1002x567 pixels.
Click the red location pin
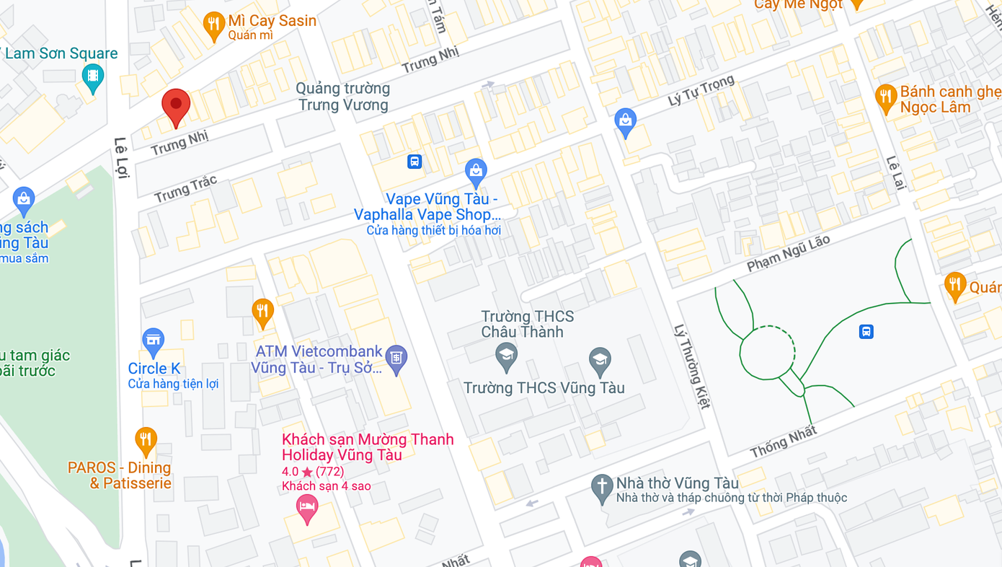click(x=176, y=107)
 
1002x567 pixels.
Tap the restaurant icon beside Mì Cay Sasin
click(x=213, y=25)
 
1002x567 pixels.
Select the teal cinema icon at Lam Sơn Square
click(x=93, y=76)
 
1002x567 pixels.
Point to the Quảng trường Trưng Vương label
click(x=343, y=97)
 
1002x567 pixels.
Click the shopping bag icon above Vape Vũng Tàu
click(x=475, y=172)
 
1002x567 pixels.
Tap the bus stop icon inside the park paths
click(x=866, y=332)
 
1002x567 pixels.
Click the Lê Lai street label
click(x=895, y=172)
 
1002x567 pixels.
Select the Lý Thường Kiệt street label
click(x=692, y=366)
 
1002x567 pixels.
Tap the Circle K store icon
click(x=153, y=342)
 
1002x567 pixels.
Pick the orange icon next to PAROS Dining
click(x=146, y=440)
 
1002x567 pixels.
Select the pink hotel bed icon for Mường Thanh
click(x=307, y=508)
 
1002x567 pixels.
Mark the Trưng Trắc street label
click(x=185, y=189)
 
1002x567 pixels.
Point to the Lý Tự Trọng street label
click(x=701, y=91)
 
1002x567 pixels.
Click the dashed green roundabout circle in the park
click(x=768, y=352)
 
